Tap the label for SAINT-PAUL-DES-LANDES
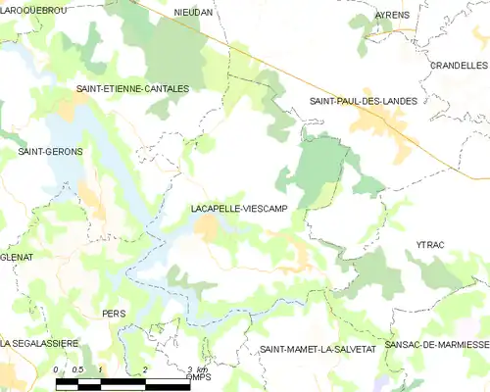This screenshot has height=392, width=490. pos(363,101)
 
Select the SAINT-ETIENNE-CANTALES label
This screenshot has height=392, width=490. pos(132,88)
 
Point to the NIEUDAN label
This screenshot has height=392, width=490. pos(192,13)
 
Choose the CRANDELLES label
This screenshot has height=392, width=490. pos(459,65)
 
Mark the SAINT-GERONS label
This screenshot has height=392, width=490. pos(51,152)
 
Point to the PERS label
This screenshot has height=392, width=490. pos(114,314)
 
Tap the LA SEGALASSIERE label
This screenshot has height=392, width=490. pos(39,343)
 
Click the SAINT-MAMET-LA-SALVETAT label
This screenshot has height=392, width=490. pos(312,349)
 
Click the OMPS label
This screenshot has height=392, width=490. pos(199,376)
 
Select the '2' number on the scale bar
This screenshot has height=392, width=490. pos(145,368)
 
